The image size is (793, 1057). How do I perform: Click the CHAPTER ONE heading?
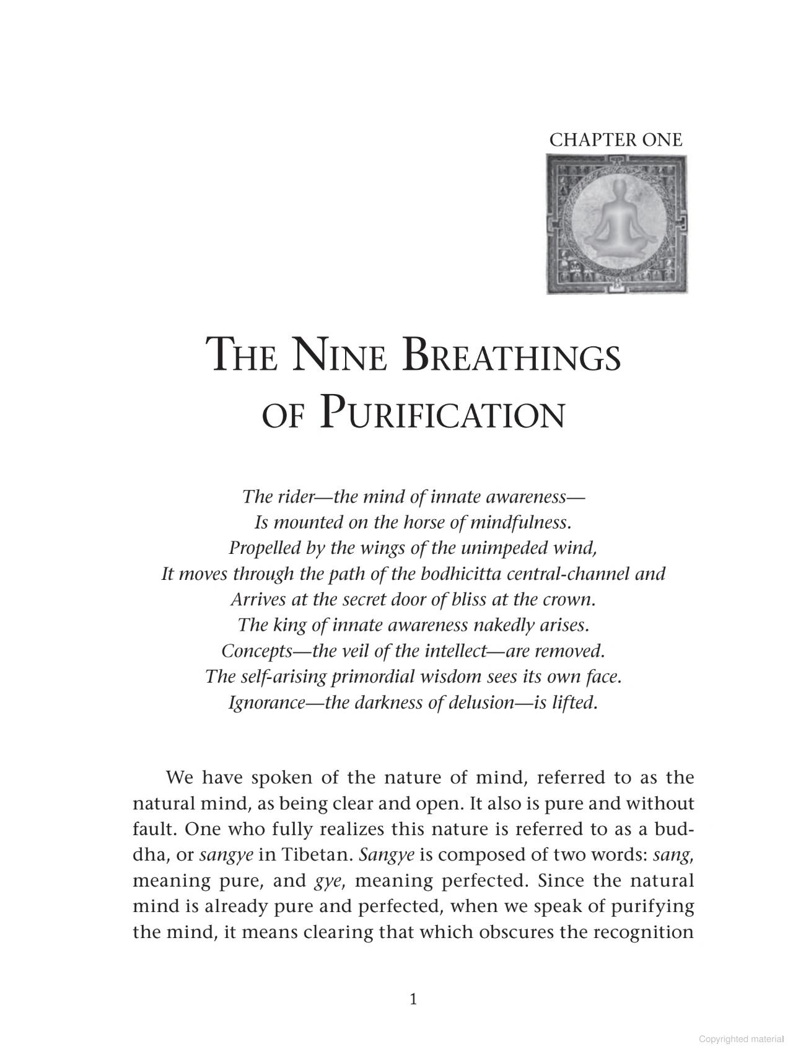pyautogui.click(x=615, y=140)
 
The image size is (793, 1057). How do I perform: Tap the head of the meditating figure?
pyautogui.click(x=616, y=190)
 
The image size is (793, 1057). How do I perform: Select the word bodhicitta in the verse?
pyautogui.click(x=460, y=574)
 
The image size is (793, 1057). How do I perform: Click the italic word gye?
pyautogui.click(x=328, y=881)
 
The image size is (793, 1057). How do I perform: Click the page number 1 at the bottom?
pyautogui.click(x=413, y=999)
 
